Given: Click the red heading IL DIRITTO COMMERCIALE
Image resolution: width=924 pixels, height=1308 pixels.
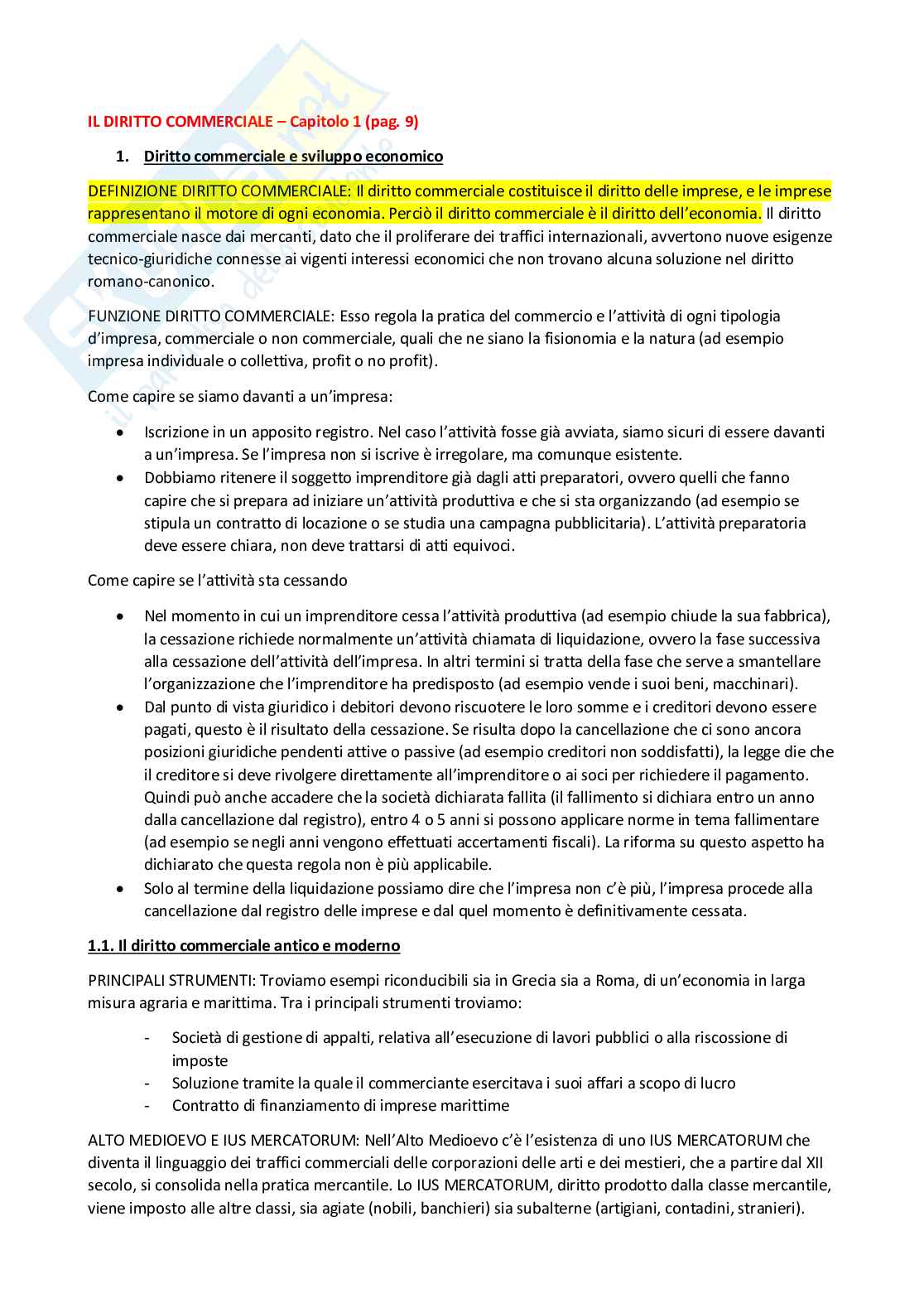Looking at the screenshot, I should [x=180, y=122].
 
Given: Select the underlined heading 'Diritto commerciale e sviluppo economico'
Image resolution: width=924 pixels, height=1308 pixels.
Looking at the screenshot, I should [x=293, y=157].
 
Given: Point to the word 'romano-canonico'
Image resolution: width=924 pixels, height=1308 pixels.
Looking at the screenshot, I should [x=149, y=282].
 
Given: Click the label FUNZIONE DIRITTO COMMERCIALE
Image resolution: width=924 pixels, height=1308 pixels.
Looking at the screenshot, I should [x=210, y=316].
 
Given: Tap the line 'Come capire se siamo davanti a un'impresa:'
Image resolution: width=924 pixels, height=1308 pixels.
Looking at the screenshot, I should [x=240, y=397].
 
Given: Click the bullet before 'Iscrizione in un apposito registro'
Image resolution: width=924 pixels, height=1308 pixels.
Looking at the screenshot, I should [x=122, y=432].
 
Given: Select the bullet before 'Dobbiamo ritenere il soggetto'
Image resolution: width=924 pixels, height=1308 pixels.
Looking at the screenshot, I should [x=122, y=478].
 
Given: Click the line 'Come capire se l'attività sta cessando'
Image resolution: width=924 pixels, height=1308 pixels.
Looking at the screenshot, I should [x=217, y=581].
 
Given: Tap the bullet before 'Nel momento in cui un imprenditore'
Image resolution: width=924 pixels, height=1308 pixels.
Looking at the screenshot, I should [x=122, y=616].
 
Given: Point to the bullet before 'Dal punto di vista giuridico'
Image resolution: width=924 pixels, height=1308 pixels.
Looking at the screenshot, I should [x=122, y=707].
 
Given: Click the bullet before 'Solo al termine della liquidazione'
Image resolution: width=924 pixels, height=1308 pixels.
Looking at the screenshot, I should [x=122, y=889].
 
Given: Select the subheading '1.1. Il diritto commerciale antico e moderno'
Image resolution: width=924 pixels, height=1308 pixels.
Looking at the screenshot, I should [x=243, y=946].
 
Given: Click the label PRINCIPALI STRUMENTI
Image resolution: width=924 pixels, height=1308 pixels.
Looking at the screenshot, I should [x=171, y=981].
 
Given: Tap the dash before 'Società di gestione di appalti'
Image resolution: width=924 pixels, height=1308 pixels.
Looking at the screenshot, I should [x=147, y=1038].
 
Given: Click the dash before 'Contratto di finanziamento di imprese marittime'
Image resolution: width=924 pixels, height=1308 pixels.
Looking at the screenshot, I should [x=147, y=1106].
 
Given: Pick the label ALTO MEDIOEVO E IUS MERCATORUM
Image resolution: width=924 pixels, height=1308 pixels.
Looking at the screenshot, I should [x=212, y=1141].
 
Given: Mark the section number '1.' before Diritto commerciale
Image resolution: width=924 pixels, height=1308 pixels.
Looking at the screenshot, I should [x=123, y=157].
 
